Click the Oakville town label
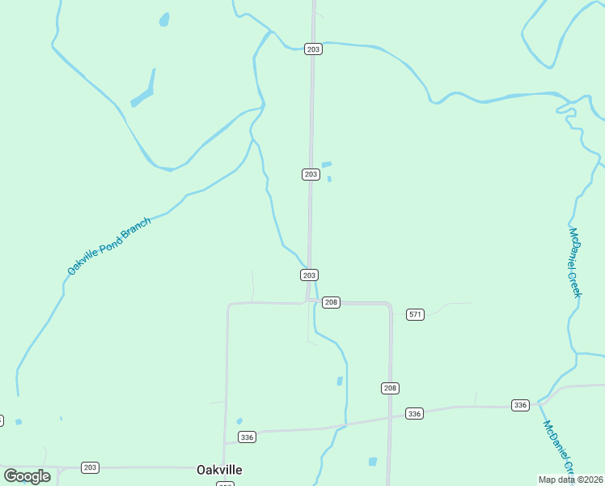[x=219, y=470]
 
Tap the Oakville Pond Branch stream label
[x=108, y=246]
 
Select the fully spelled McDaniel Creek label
[x=575, y=262]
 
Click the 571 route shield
[x=415, y=314]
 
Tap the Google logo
[x=27, y=476]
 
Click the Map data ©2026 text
[x=570, y=480]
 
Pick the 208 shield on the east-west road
[x=330, y=302]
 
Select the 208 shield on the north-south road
[x=390, y=388]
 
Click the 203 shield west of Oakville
[x=90, y=467]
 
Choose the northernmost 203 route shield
[x=314, y=49]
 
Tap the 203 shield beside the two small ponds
[x=311, y=174]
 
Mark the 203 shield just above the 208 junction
[x=309, y=275]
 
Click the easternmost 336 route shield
[x=520, y=405]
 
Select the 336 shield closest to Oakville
[x=247, y=437]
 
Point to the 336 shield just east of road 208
[x=414, y=414]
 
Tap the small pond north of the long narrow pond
[x=164, y=19]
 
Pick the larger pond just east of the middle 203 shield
[x=326, y=164]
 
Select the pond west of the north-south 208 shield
[x=340, y=381]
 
